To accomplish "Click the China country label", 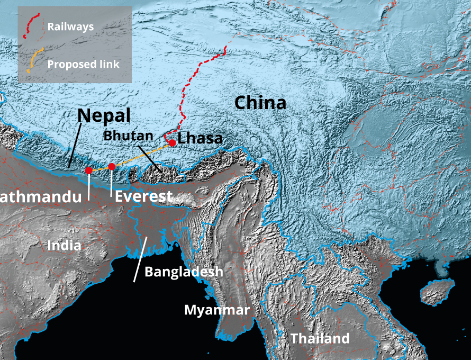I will pyautogui.click(x=260, y=102).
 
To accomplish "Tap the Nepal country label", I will pyautogui.click(x=104, y=116).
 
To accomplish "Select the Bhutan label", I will pyautogui.click(x=128, y=134).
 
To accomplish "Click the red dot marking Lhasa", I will pyautogui.click(x=172, y=143).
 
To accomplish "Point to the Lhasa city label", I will pyautogui.click(x=200, y=139).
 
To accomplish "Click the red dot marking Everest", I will pyautogui.click(x=112, y=167).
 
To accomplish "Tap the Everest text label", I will pyautogui.click(x=143, y=196).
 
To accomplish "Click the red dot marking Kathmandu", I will pyautogui.click(x=89, y=170).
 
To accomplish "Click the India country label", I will pyautogui.click(x=64, y=246).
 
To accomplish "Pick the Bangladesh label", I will pyautogui.click(x=184, y=272).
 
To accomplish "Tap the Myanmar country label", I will pyautogui.click(x=216, y=310).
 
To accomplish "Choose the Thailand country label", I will pyautogui.click(x=320, y=338).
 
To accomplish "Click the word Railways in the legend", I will pyautogui.click(x=70, y=26).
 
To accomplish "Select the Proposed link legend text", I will pyautogui.click(x=83, y=64).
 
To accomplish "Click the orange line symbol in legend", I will pyautogui.click(x=34, y=61).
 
